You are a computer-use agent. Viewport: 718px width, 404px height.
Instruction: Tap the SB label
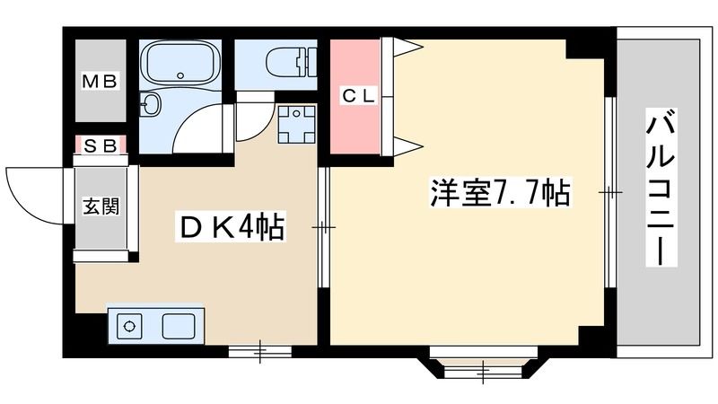click(100, 145)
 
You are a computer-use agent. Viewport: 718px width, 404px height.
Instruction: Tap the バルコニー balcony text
click(660, 188)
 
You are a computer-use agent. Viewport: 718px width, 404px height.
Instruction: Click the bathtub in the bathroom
click(180, 65)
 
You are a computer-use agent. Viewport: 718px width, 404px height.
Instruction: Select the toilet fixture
click(291, 64)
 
